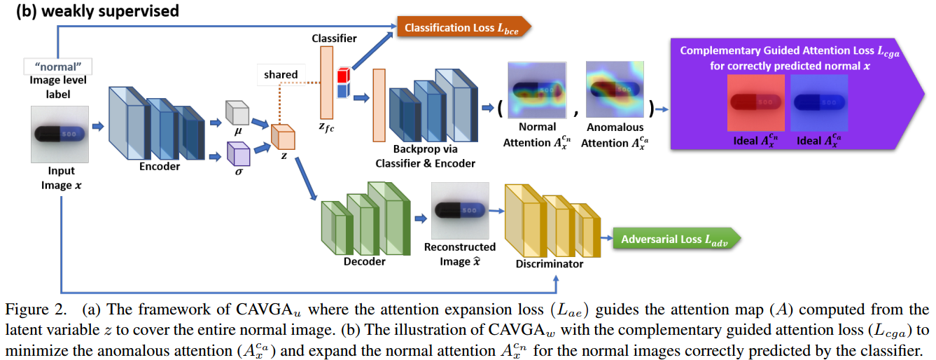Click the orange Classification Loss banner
462,27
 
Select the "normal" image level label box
58,67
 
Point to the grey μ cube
237,113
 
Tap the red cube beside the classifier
342,74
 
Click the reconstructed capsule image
459,209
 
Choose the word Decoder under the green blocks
364,261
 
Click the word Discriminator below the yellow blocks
549,263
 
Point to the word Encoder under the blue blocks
159,167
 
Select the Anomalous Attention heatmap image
614,90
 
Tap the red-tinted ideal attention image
755,102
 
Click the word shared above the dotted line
281,74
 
